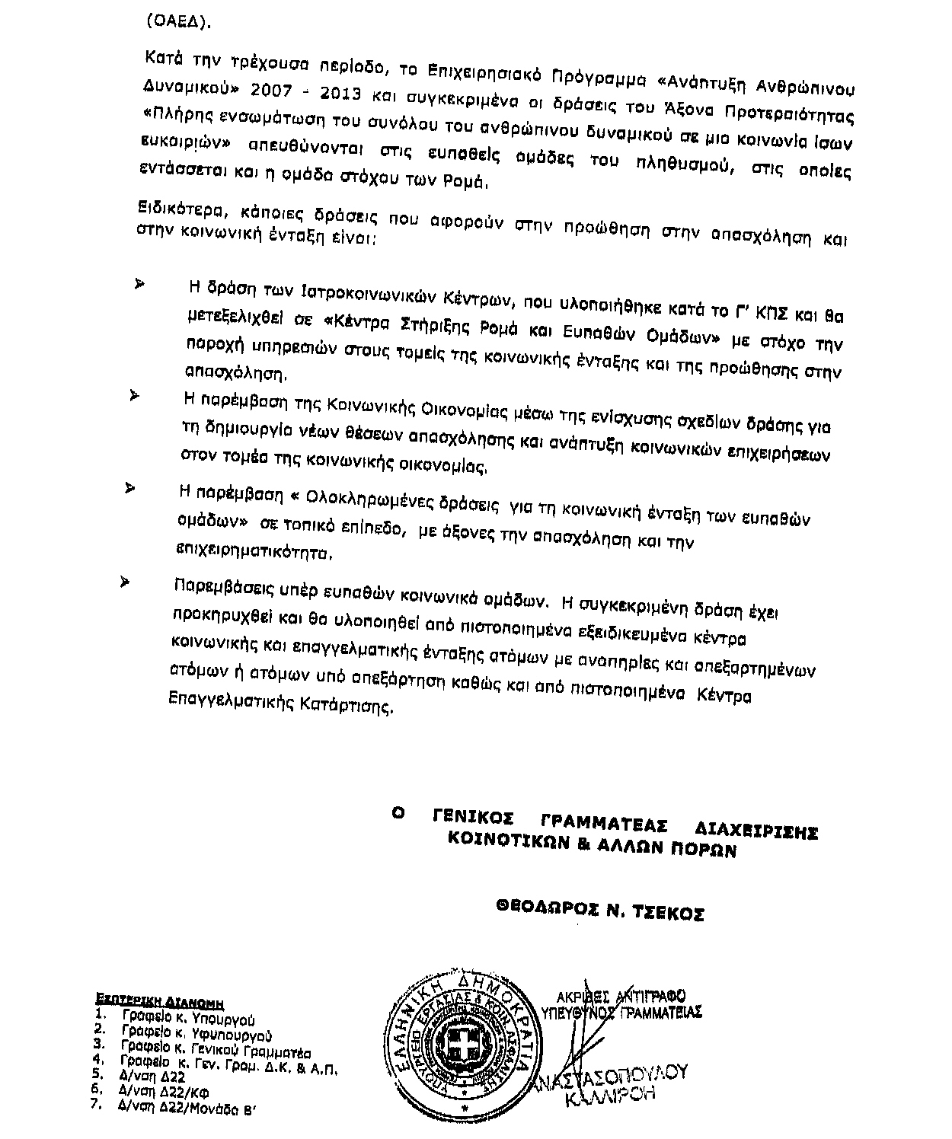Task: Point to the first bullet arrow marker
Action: (x=140, y=284)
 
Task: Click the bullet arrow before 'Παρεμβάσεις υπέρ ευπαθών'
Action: (x=124, y=582)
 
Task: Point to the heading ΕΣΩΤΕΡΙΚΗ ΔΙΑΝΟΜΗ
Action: (x=154, y=1000)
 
